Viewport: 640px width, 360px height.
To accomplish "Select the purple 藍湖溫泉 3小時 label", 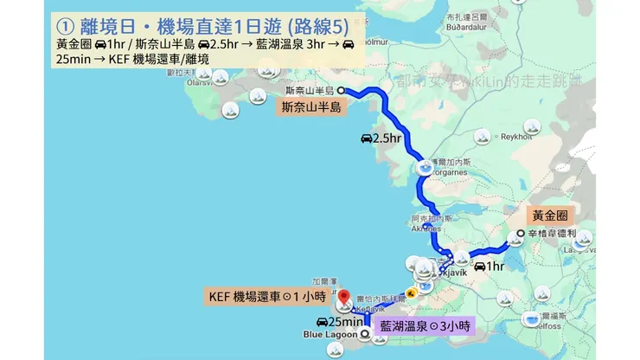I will (x=425, y=325).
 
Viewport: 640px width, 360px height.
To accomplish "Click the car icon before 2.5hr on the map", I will (x=366, y=138).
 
